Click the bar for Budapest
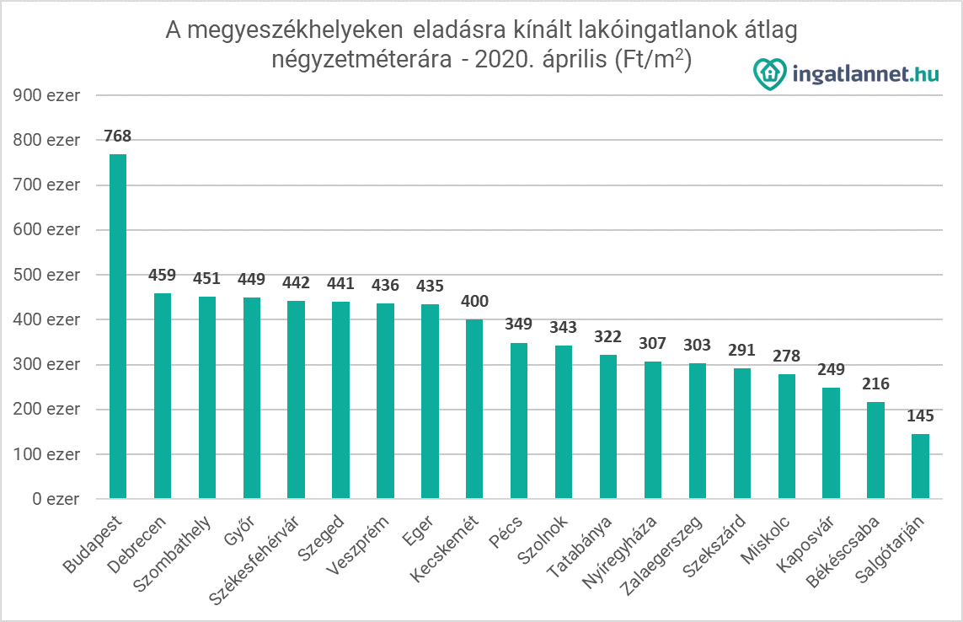[x=118, y=326]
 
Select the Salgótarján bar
[x=920, y=466]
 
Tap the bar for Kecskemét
[x=474, y=409]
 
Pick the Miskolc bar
[x=787, y=437]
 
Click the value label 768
[x=118, y=137]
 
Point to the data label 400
[x=474, y=302]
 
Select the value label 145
[x=920, y=416]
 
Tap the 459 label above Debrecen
[x=163, y=276]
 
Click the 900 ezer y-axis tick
[x=46, y=95]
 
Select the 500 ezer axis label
[x=46, y=275]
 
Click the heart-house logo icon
[x=770, y=73]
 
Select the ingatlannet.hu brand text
[x=865, y=74]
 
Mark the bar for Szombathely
[x=207, y=397]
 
